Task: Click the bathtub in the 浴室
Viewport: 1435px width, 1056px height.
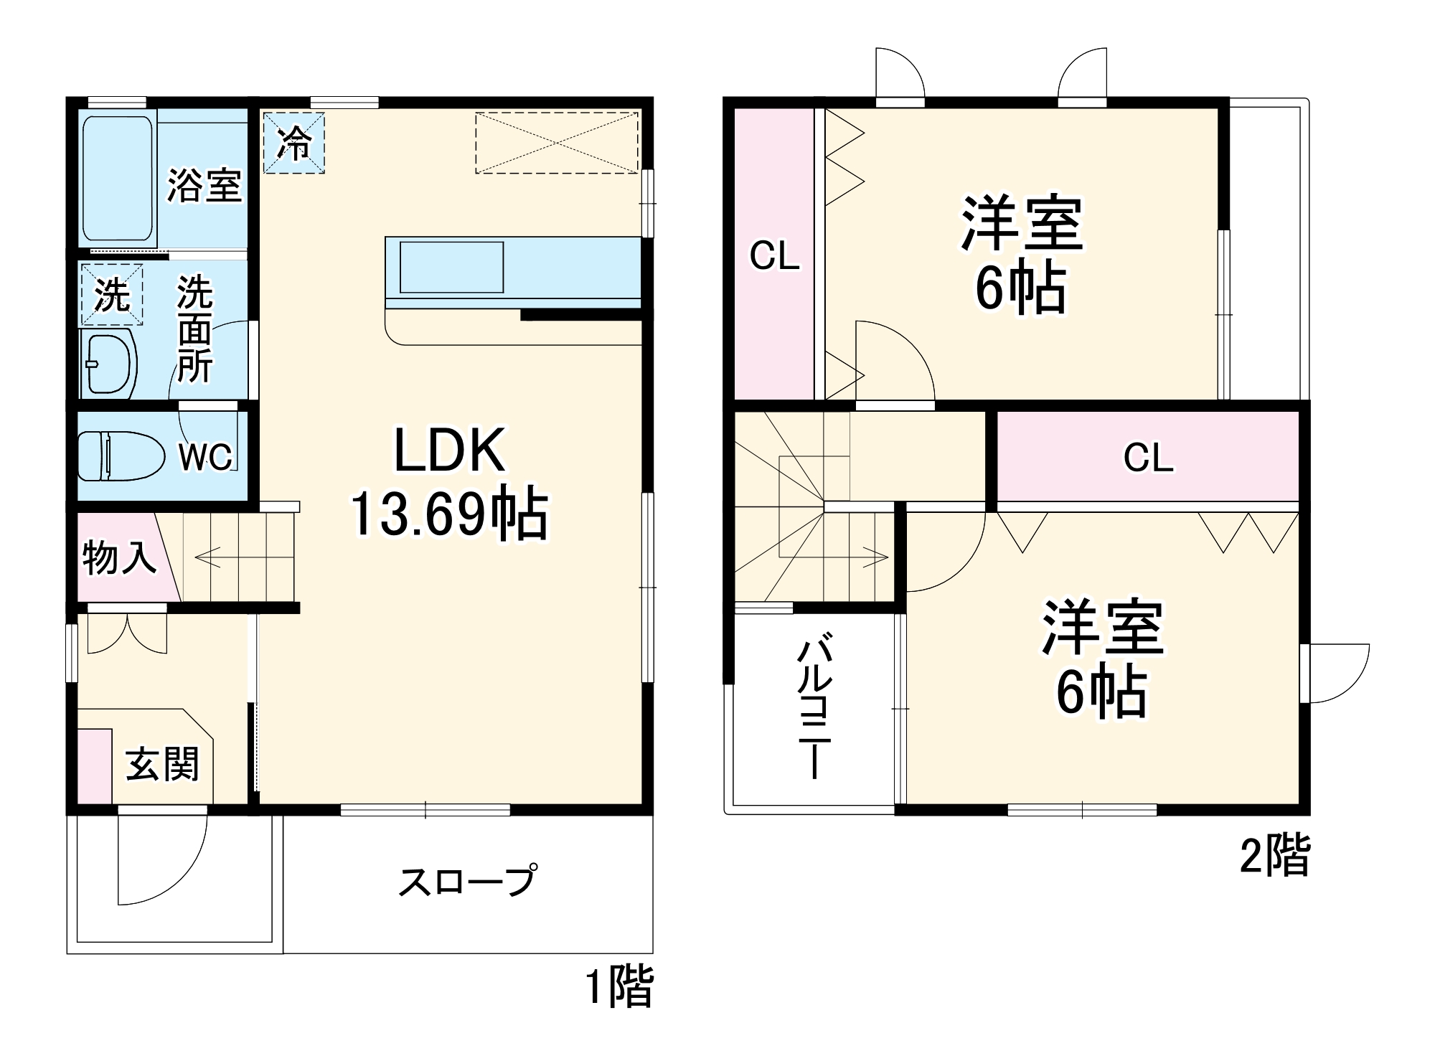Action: [118, 179]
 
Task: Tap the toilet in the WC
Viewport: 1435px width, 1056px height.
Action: [115, 455]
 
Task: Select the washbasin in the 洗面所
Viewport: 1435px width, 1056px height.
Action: [110, 364]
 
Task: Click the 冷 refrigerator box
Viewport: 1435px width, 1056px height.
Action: [294, 143]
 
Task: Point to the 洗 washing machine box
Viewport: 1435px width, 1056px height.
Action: [112, 294]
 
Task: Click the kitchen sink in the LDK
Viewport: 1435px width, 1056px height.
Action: [451, 267]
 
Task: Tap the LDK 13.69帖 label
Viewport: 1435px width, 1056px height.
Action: [449, 482]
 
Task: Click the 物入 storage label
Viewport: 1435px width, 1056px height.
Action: [118, 557]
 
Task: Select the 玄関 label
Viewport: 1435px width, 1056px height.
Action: [162, 764]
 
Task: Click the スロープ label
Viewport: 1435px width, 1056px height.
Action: [467, 881]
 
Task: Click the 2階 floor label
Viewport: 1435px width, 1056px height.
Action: [1275, 855]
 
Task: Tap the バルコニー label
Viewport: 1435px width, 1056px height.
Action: [815, 705]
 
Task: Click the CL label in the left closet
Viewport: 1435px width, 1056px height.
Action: [774, 256]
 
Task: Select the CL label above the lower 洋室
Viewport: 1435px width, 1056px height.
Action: [1148, 458]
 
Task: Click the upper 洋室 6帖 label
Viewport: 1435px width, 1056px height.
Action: [1021, 255]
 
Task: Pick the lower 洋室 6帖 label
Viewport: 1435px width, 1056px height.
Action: [1102, 659]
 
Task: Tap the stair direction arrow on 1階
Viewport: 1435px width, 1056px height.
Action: [208, 557]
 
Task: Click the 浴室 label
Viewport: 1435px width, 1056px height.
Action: [204, 186]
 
